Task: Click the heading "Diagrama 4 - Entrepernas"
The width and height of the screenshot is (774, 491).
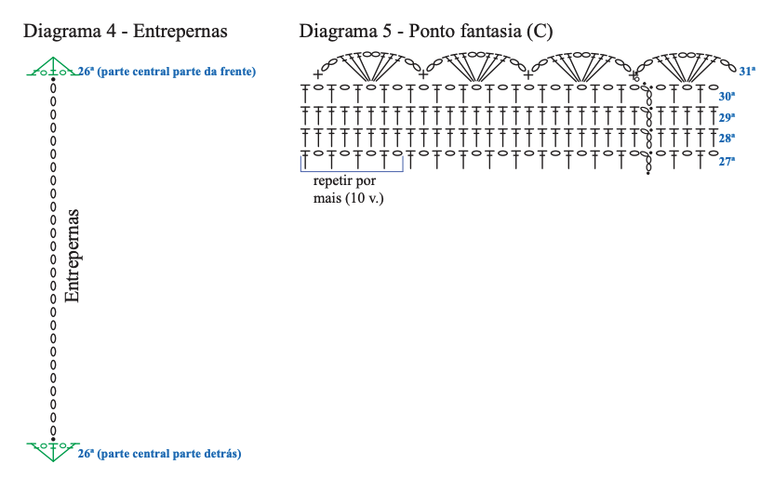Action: (x=126, y=31)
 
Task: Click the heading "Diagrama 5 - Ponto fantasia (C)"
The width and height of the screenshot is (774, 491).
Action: (x=425, y=31)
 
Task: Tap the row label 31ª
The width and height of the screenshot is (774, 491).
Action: (x=747, y=71)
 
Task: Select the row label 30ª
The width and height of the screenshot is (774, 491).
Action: (x=727, y=96)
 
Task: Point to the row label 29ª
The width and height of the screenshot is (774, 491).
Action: (x=727, y=117)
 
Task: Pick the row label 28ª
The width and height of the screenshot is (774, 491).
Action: (x=727, y=139)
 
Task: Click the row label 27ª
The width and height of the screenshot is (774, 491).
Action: (x=727, y=161)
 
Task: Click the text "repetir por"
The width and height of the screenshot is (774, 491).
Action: (x=344, y=181)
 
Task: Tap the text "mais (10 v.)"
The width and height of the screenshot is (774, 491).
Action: (x=349, y=198)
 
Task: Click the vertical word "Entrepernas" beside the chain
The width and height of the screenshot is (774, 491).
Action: (x=72, y=256)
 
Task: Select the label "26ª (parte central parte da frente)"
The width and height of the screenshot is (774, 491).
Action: (x=167, y=72)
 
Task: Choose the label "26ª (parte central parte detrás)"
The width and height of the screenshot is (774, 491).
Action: (x=159, y=454)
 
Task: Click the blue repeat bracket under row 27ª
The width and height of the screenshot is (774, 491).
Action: (x=352, y=171)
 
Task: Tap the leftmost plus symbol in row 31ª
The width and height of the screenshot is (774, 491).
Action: (x=317, y=75)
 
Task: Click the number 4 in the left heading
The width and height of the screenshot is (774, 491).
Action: (x=111, y=31)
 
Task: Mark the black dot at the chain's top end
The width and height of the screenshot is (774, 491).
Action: (x=53, y=79)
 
